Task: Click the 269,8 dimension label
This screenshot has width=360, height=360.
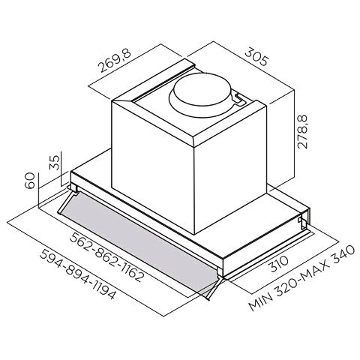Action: click(114, 60)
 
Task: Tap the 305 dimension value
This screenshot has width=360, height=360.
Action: click(256, 57)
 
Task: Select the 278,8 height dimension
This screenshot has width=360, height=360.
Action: click(302, 132)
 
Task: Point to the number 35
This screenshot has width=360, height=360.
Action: click(55, 163)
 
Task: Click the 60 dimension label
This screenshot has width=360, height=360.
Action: click(29, 181)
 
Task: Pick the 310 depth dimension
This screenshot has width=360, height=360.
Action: click(279, 264)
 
